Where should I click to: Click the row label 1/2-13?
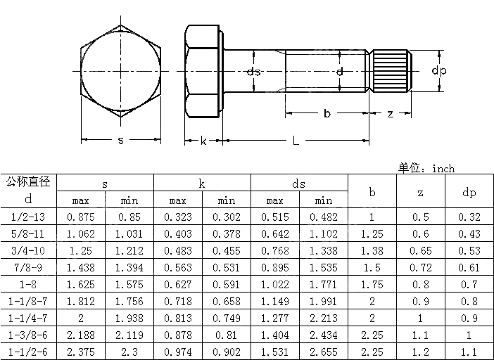tap(28, 217)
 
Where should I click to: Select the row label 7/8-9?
tap(28, 268)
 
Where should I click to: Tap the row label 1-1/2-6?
tap(28, 352)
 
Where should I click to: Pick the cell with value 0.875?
tap(81, 217)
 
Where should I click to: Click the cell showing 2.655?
tap(324, 352)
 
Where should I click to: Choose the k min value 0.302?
tap(227, 217)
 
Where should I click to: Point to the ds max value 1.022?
tap(275, 285)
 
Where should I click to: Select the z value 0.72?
tap(421, 268)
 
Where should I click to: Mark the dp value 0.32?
tap(469, 217)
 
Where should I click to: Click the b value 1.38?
tap(372, 251)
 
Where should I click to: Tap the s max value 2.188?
tap(81, 335)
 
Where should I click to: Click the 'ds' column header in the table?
tap(299, 184)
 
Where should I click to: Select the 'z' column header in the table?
tap(421, 192)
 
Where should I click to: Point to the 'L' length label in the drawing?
tap(296, 141)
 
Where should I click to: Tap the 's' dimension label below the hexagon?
tap(120, 141)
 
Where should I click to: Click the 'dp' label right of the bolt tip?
tap(439, 71)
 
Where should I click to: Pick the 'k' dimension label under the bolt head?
tap(203, 141)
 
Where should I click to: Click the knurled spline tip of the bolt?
tap(391, 71)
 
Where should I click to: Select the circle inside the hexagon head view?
tap(120, 71)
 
